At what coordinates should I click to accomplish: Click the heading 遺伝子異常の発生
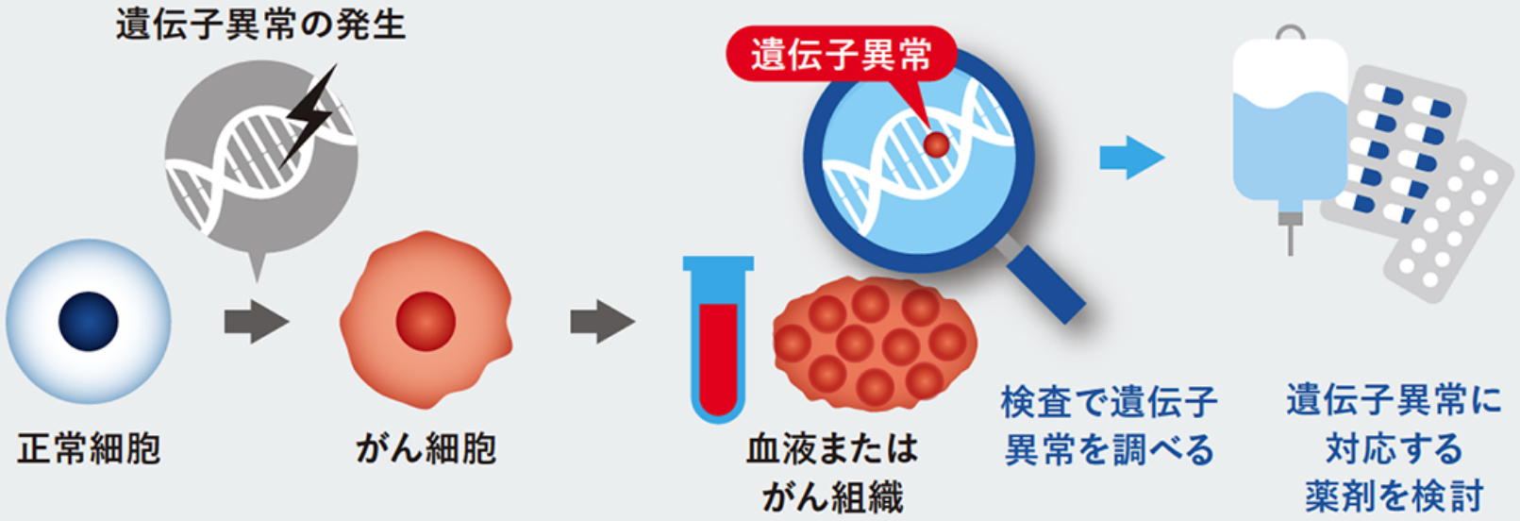pos(260,24)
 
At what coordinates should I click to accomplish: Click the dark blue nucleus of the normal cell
pos(88,321)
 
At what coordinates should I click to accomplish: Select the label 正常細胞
pos(89,448)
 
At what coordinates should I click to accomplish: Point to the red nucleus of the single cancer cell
pos(426,321)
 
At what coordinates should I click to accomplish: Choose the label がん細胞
pos(426,448)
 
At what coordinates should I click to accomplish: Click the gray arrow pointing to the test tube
pos(601,322)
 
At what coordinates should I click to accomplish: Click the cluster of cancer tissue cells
pos(874,344)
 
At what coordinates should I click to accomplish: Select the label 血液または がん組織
pos(832,472)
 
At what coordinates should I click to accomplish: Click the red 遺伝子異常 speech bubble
pos(841,55)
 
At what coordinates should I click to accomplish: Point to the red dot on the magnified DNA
pos(936,144)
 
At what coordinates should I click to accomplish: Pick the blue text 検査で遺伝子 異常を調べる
pos(1109,426)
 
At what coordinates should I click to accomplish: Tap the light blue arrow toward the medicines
pos(1131,158)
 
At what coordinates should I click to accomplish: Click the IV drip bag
pos(1290,123)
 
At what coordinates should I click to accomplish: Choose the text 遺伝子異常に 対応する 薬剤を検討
pos(1394,448)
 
